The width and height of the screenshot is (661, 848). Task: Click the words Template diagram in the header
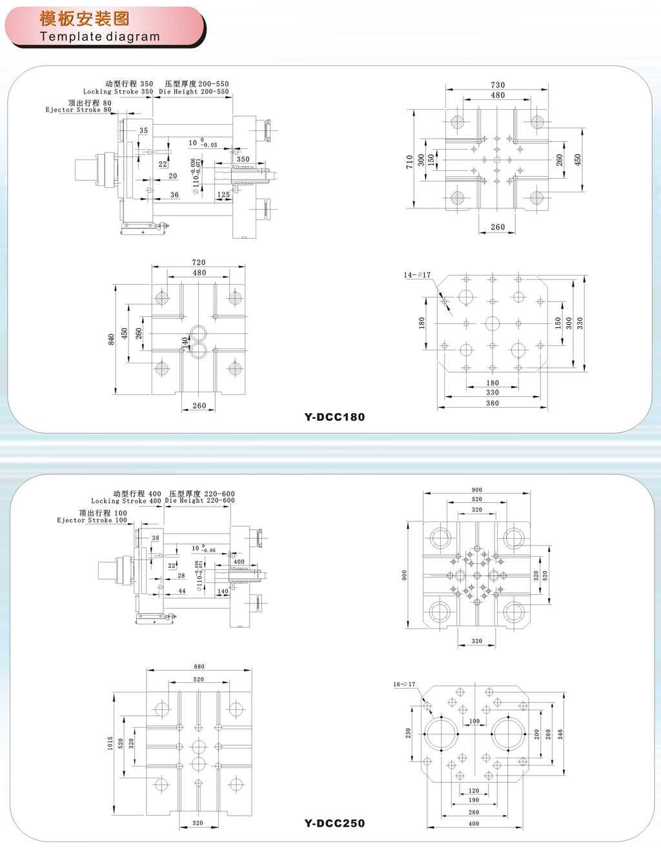(99, 37)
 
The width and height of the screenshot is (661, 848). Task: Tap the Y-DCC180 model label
(334, 417)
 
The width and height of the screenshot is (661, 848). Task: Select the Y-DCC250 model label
(334, 823)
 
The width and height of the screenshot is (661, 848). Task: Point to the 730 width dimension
(498, 85)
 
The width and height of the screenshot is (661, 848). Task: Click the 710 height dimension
(409, 161)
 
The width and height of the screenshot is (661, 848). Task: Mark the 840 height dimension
(112, 339)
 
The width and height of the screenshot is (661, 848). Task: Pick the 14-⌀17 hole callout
(417, 275)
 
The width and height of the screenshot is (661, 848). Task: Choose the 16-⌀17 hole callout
(405, 684)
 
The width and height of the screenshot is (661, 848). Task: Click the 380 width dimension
(493, 403)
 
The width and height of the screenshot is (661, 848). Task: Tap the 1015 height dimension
(110, 743)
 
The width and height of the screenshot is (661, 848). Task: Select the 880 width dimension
(199, 667)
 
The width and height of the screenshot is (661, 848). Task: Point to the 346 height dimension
(560, 734)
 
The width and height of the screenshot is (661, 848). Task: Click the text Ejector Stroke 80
(78, 110)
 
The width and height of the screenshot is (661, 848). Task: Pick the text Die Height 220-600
(199, 501)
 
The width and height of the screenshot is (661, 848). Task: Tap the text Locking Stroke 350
(118, 92)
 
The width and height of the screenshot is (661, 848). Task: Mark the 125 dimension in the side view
(223, 194)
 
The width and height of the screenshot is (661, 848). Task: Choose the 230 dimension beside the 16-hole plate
(408, 733)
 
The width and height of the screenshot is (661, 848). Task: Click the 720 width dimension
(199, 263)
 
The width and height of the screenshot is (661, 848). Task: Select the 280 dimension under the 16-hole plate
(474, 813)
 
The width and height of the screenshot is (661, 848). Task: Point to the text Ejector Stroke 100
(92, 520)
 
